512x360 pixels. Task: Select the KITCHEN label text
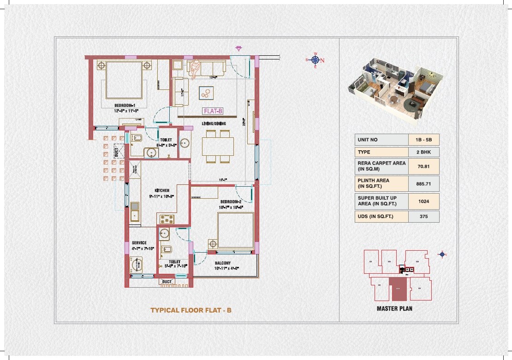coord(161,190)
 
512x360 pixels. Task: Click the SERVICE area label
coord(139,243)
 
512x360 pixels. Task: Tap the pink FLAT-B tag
coord(213,111)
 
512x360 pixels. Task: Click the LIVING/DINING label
coord(213,124)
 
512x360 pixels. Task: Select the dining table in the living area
coord(218,146)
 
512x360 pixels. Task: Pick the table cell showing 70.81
coord(423,166)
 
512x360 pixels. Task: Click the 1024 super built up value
coord(423,201)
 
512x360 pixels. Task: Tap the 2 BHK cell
coord(423,152)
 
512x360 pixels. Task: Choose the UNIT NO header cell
coord(381,140)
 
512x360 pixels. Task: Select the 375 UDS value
coord(423,216)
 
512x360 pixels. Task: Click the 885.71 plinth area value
coord(423,183)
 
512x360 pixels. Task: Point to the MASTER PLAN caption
coord(394,308)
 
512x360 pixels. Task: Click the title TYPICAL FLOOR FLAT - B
coord(191,310)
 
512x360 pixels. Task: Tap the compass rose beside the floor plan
coord(316,60)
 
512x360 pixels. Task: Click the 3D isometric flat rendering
coord(394,90)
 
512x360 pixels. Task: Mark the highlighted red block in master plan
coord(398,289)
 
